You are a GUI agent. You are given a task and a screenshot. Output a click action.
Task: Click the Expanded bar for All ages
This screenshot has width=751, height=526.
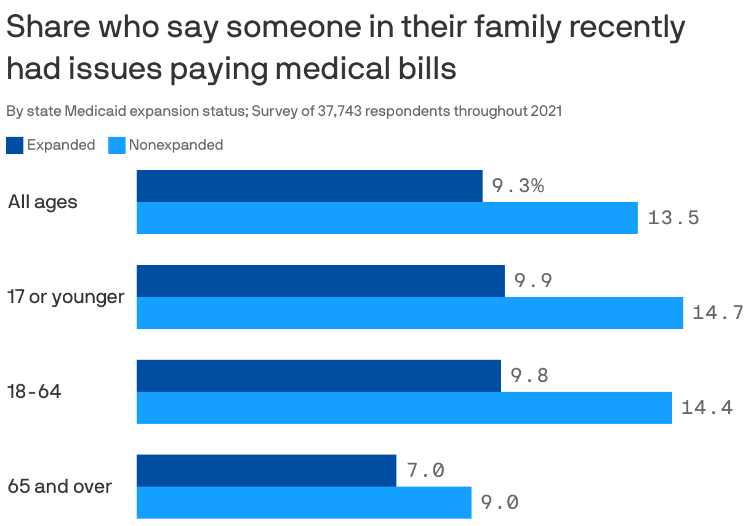point(309,186)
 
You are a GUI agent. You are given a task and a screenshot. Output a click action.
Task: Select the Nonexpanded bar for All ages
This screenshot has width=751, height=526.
point(387,218)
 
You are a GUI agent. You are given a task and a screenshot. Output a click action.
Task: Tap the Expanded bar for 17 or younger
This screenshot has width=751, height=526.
point(320,281)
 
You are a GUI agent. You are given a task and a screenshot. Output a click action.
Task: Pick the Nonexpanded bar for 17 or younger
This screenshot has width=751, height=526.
point(409,313)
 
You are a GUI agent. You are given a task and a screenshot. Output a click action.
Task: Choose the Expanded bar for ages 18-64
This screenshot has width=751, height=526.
point(318,376)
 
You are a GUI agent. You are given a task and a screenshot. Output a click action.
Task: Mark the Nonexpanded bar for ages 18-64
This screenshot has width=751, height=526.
point(404,408)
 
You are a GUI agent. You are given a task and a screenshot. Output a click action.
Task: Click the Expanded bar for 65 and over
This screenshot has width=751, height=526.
point(266,471)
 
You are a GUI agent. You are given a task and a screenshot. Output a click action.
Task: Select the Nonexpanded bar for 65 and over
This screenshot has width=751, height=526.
point(303,503)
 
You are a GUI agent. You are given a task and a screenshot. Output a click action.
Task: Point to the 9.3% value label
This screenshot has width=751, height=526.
point(517,185)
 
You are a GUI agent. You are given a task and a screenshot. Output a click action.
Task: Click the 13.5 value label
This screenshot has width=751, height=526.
point(673,218)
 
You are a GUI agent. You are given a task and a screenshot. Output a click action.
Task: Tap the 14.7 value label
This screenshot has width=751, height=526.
point(718,313)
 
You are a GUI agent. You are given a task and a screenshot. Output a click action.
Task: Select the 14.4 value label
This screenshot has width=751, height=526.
point(707,408)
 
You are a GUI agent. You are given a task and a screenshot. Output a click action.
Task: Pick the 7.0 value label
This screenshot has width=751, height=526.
point(425,471)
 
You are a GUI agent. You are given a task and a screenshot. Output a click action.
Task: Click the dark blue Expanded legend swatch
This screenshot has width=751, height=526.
point(15,145)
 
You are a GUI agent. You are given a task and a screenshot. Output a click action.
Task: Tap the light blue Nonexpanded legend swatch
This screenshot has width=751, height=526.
point(117,145)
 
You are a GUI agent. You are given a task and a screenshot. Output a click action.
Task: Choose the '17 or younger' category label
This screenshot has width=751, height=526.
point(66,297)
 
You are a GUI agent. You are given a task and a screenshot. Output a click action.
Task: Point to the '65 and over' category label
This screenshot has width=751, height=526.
point(60,487)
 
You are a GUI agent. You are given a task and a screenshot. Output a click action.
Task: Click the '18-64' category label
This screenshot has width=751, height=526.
point(34,392)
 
